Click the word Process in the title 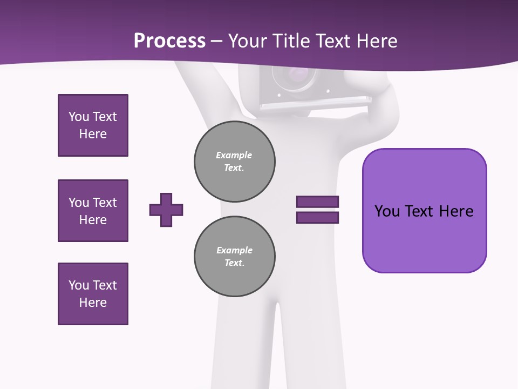coord(169,41)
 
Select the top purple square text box coord(93,125)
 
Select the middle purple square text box coord(93,211)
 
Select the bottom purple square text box coord(93,294)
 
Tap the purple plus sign coord(166,210)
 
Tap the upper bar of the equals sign coord(317,202)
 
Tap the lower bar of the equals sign coord(317,218)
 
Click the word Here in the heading coord(377,41)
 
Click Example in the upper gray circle coord(234,155)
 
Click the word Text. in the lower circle coord(234,263)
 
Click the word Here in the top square coord(93,134)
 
